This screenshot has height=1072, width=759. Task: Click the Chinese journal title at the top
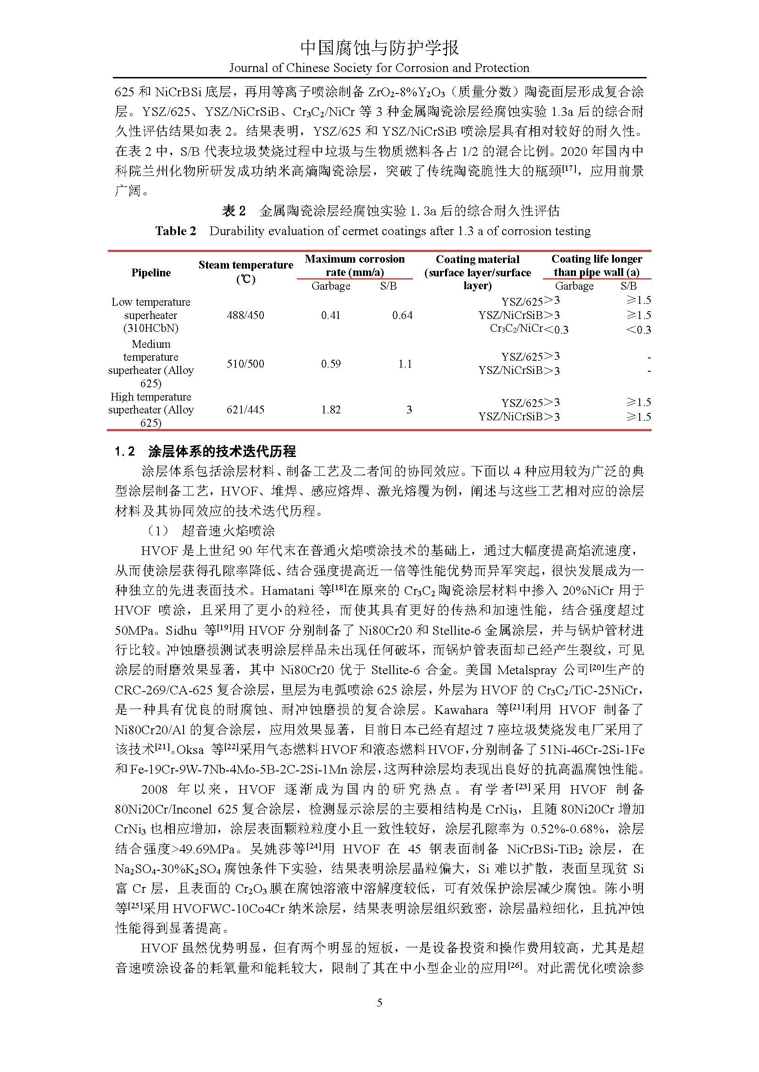coord(379,48)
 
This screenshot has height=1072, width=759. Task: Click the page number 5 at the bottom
coord(379,1002)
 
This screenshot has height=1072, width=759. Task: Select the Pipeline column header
coord(151,273)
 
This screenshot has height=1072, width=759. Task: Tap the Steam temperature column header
coord(246,272)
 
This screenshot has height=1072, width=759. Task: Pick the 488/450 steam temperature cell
coord(246,315)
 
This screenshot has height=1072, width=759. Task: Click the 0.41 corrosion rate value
coord(330,315)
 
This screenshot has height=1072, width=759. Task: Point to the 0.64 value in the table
coord(402,315)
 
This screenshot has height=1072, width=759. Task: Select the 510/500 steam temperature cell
coord(246,363)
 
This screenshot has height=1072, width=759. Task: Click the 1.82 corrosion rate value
coord(330,409)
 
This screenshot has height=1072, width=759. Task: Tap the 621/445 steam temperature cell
coord(246,409)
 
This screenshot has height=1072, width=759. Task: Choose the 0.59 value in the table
coord(330,363)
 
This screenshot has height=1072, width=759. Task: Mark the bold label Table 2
coord(176,231)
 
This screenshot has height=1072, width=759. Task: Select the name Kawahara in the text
coord(461,709)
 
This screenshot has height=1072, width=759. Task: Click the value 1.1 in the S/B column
coord(405,363)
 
